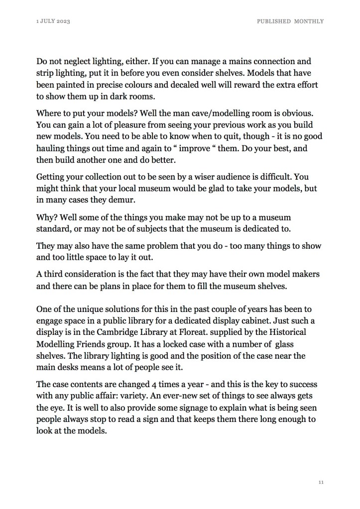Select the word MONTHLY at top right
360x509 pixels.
(x=309, y=21)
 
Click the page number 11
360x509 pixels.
(x=321, y=482)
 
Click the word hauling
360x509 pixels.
(x=51, y=148)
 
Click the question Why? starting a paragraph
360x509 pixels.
(x=48, y=217)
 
